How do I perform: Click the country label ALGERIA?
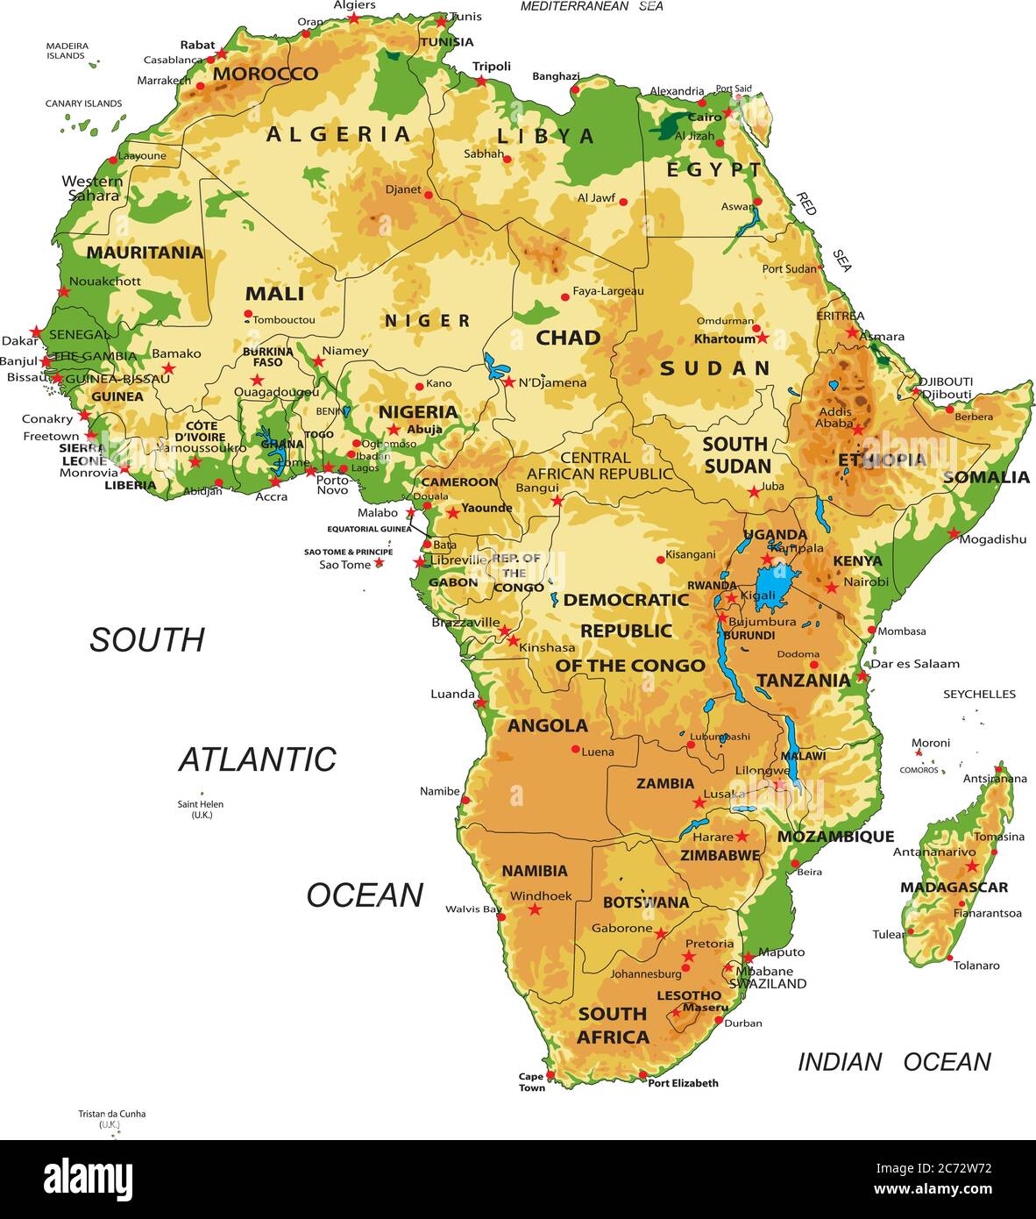(x=338, y=134)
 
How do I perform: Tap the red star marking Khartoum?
(x=762, y=338)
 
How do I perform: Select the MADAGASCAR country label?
(x=954, y=888)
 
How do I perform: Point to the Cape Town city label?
(x=531, y=1082)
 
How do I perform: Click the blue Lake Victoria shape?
(x=776, y=583)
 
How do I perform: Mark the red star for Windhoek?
(x=535, y=909)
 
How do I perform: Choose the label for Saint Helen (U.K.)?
(x=201, y=809)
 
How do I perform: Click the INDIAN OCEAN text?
(x=893, y=1062)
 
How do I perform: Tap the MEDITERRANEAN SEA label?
(x=592, y=7)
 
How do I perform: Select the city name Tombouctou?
(x=284, y=320)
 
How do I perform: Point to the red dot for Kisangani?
(x=661, y=560)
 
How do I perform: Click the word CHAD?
(x=568, y=338)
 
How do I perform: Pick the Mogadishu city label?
(x=992, y=539)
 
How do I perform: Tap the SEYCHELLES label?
(x=979, y=694)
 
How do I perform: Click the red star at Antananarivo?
(x=971, y=866)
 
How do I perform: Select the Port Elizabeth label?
(x=683, y=1083)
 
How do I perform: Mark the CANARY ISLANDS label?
(x=83, y=103)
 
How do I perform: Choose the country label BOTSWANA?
(x=646, y=902)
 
